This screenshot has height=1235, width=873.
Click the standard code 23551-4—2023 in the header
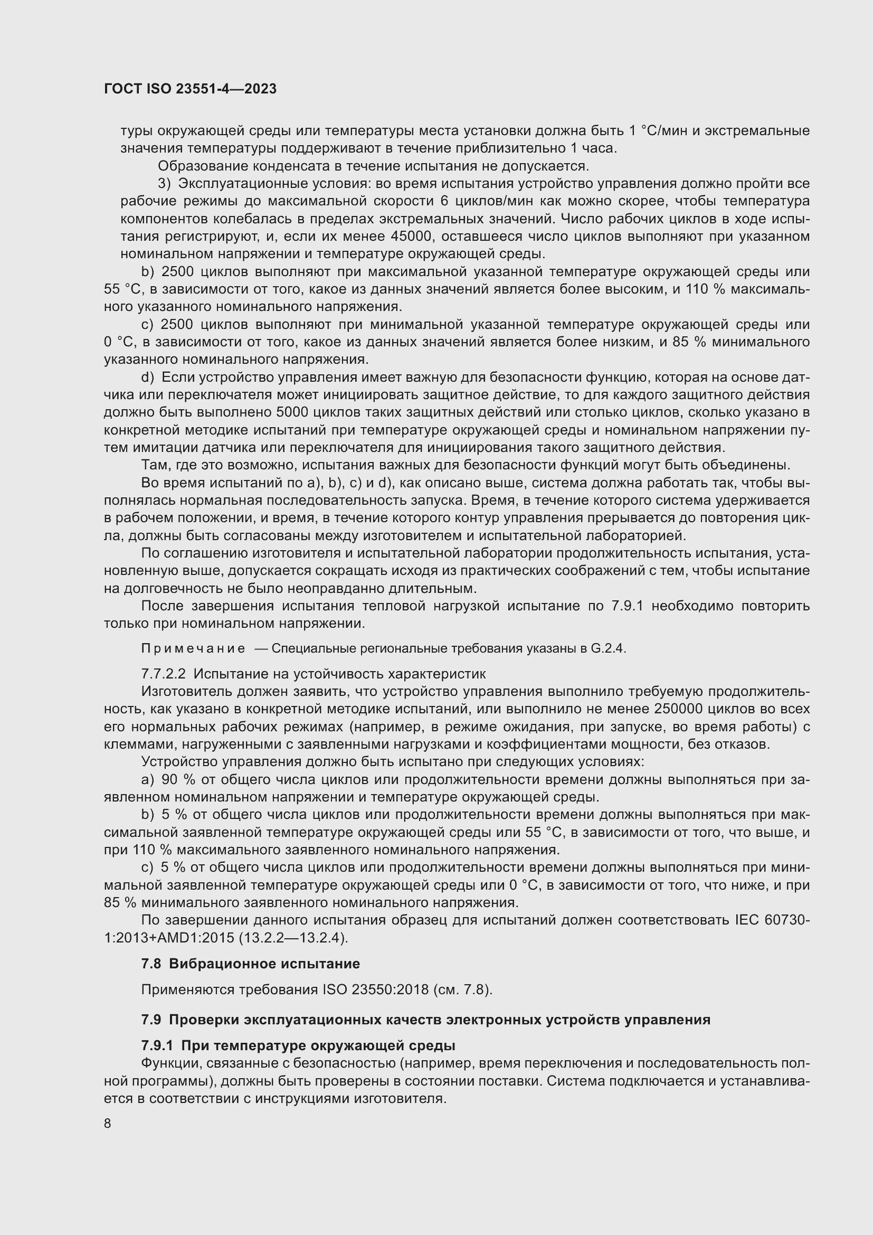[x=226, y=89]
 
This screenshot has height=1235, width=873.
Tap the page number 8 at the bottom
[x=108, y=1124]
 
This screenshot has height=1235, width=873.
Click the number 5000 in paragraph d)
[x=292, y=412]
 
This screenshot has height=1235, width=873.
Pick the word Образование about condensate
[x=203, y=166]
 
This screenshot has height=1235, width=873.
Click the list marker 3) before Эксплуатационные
[x=164, y=183]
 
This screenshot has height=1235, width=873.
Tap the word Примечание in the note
[x=193, y=649]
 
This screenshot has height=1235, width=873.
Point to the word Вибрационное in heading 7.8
[x=215, y=964]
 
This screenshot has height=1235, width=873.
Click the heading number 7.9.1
[x=157, y=1045]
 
